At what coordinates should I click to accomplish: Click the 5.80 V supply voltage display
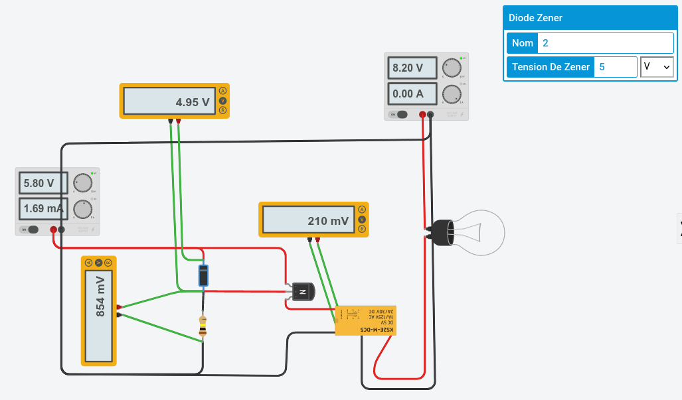43,182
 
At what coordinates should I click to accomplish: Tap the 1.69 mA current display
43,208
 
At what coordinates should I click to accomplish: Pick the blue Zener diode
204,275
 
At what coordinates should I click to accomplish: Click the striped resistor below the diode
203,325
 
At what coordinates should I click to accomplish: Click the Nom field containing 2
605,43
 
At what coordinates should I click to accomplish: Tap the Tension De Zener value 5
615,67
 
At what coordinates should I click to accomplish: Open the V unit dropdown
657,67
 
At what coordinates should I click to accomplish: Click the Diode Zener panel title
535,18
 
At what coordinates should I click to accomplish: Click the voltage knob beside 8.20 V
452,68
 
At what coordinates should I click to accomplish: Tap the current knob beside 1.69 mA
82,209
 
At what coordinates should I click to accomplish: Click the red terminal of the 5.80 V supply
53,230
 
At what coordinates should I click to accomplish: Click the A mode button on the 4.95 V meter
223,91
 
